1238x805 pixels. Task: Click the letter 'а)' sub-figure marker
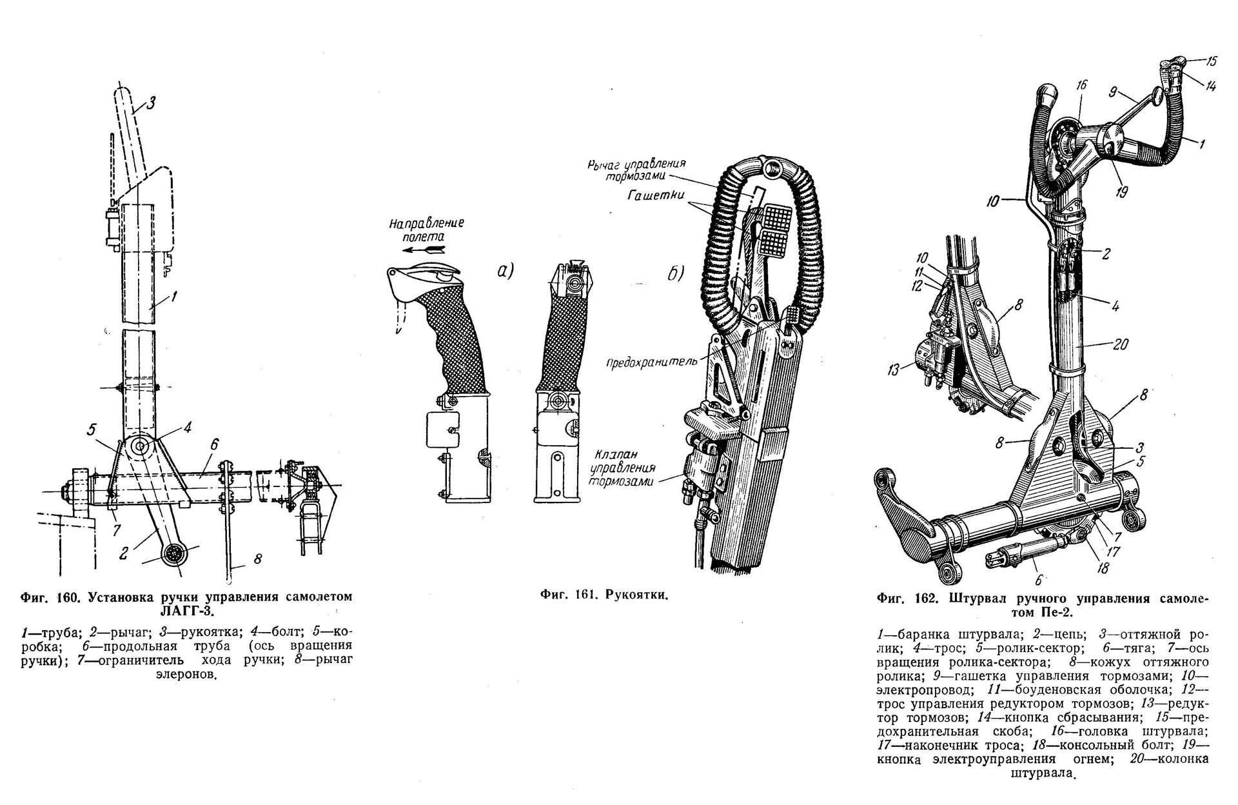click(x=505, y=272)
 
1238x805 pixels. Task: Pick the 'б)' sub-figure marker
click(x=675, y=273)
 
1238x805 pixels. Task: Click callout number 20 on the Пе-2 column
click(x=1120, y=345)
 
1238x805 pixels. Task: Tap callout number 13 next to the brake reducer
click(x=892, y=369)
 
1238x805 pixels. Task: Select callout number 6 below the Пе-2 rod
click(x=1038, y=581)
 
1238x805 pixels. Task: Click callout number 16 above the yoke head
click(x=1081, y=84)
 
